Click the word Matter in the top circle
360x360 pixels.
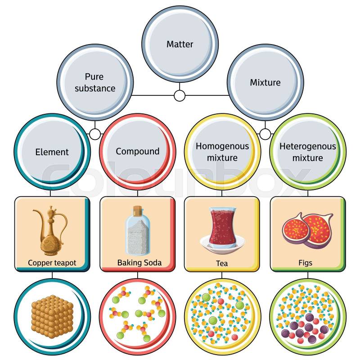pos(180,44)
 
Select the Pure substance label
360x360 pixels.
pos(95,83)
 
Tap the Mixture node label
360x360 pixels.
pos(265,83)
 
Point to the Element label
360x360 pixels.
pos(52,152)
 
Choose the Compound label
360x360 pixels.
pos(137,152)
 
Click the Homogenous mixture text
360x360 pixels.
pos(222,152)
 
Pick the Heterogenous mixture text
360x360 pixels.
pos(308,152)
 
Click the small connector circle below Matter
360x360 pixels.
pos(180,95)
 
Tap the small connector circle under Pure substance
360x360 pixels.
pos(95,134)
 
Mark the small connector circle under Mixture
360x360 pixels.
pos(265,134)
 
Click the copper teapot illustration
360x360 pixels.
pos(49,232)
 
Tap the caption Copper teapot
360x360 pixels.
pos(52,263)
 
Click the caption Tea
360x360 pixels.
pos(222,263)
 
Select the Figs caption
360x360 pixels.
pos(306,263)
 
